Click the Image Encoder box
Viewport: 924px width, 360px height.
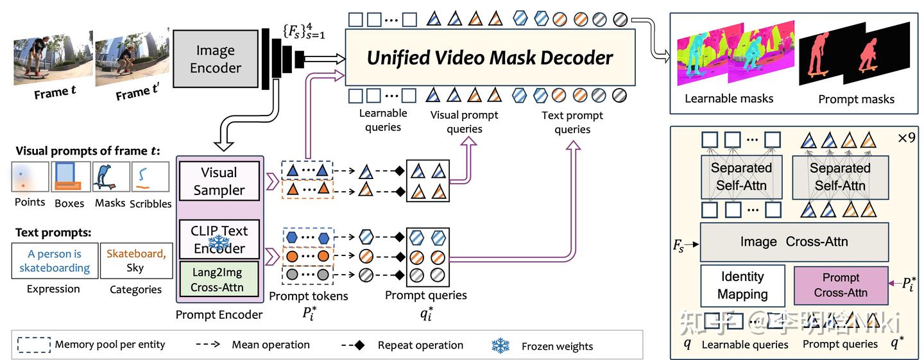(x=215, y=59)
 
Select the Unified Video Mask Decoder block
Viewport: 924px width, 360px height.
(x=490, y=58)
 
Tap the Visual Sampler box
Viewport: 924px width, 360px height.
(x=219, y=181)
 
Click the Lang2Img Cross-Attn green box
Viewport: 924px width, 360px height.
(x=219, y=280)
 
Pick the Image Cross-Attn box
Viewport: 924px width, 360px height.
(x=794, y=242)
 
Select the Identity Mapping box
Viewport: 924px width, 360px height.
(x=742, y=286)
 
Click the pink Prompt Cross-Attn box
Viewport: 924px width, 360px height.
(x=841, y=286)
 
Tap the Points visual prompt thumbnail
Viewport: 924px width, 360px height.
(x=30, y=177)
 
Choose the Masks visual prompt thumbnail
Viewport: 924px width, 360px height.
(x=109, y=177)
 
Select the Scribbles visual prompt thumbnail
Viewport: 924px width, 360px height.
(x=150, y=177)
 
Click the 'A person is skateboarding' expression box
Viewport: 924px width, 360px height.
(x=55, y=261)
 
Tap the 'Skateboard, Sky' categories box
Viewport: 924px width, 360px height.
(x=135, y=261)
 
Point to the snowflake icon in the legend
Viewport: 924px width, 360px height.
(x=501, y=345)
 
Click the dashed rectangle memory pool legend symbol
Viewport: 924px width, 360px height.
(x=31, y=345)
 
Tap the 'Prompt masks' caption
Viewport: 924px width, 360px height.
(x=856, y=99)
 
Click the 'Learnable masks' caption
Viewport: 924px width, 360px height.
(x=729, y=99)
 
